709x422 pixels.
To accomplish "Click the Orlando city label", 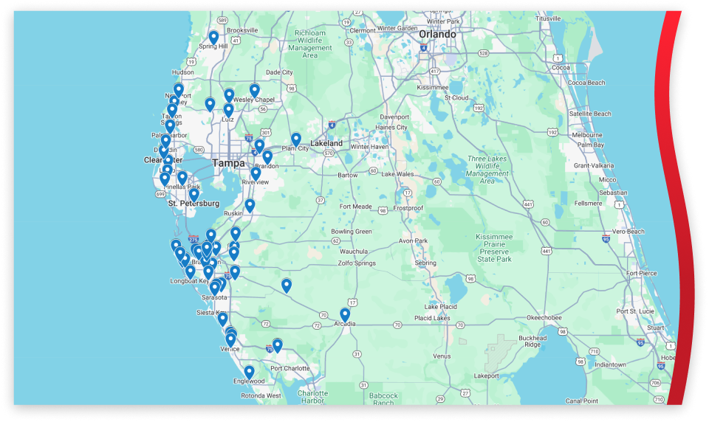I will pyautogui.click(x=437, y=34).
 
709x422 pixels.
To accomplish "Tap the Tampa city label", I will pyautogui.click(x=228, y=162).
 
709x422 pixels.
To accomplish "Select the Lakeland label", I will pyautogui.click(x=326, y=142).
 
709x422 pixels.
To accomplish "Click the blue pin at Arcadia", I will pyautogui.click(x=345, y=314).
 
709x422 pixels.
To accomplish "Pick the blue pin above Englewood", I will pyautogui.click(x=250, y=371).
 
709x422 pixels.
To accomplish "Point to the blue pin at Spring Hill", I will pyautogui.click(x=213, y=36).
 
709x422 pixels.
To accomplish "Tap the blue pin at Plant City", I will pyautogui.click(x=296, y=138).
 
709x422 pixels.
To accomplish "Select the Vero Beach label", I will pyautogui.click(x=628, y=232).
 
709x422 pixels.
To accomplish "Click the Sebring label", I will pyautogui.click(x=425, y=263).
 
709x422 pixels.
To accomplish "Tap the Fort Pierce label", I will pyautogui.click(x=641, y=274).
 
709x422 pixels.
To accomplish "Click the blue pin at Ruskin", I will pyautogui.click(x=250, y=204).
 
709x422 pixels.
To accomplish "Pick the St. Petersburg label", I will pyautogui.click(x=193, y=203).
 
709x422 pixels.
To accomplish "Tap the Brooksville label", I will pyautogui.click(x=242, y=30).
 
